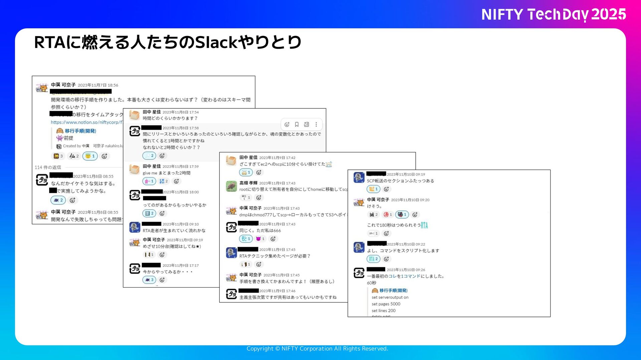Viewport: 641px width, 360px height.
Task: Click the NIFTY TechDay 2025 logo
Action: coord(554,14)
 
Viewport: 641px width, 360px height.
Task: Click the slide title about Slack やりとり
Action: coord(168,42)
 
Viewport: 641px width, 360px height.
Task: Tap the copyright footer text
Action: coord(317,349)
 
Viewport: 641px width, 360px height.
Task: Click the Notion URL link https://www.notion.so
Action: coord(87,122)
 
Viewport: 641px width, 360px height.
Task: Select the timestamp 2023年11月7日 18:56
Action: coord(98,85)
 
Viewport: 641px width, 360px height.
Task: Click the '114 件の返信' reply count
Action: coord(48,167)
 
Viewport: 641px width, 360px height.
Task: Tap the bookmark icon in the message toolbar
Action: coord(296,124)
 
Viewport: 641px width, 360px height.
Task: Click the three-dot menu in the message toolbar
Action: coord(316,124)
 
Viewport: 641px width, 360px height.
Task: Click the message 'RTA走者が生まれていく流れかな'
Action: coord(174,231)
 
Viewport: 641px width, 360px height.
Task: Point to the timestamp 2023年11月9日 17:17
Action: coord(180,266)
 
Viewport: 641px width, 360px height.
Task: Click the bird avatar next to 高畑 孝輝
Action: coord(231,186)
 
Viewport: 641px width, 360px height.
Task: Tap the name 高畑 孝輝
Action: coord(248,183)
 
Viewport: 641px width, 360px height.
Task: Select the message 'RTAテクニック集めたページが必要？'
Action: coord(275,256)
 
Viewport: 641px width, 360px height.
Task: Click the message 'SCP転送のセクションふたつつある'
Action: coord(400,181)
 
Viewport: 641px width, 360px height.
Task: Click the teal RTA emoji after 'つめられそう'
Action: coord(424,225)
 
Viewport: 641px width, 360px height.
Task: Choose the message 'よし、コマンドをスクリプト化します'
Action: coord(403,251)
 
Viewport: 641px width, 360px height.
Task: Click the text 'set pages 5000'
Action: coord(386,304)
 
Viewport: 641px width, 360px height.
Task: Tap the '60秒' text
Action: coord(371,283)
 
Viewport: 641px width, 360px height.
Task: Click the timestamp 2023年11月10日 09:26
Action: coord(406,270)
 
